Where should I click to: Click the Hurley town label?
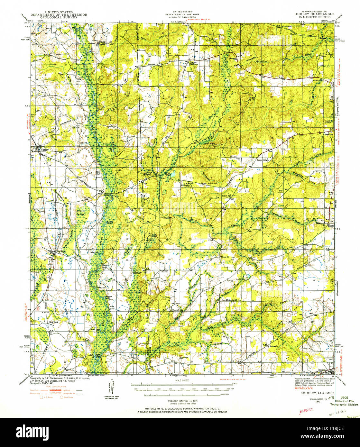(44, 150)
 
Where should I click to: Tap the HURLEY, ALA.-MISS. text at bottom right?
(318, 393)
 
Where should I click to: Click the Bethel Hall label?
(226, 196)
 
